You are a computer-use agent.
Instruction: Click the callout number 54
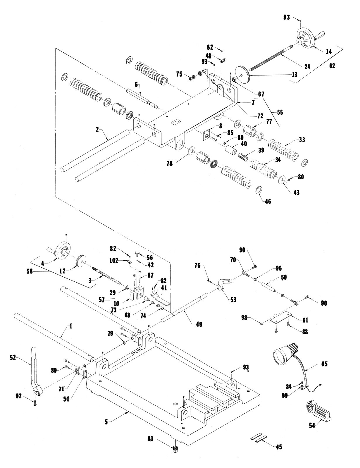[x=312, y=426]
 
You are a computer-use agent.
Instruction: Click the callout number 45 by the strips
[x=279, y=447]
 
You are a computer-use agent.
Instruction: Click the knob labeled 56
[x=138, y=252]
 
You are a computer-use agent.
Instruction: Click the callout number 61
[x=305, y=320]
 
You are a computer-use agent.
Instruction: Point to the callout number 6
[x=136, y=84]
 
